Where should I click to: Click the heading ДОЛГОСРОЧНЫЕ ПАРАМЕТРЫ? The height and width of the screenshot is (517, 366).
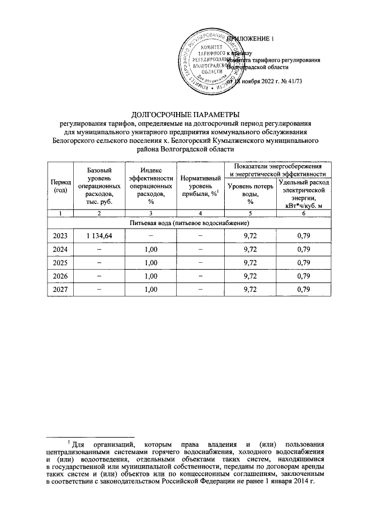tap(182, 113)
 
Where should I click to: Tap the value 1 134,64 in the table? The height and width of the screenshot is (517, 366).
tap(100, 235)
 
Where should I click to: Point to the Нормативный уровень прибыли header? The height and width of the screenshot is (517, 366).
tap(200, 186)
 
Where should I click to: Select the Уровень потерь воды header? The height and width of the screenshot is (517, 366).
tap(250, 194)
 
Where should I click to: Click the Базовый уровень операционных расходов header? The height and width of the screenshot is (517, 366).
tap(100, 186)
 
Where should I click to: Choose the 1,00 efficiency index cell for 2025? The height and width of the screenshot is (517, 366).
tap(151, 262)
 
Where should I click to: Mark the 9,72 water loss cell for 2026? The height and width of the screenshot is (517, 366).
tap(250, 276)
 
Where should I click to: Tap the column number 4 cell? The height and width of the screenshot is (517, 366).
tap(200, 213)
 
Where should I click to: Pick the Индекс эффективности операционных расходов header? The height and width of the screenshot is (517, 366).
tap(151, 186)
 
